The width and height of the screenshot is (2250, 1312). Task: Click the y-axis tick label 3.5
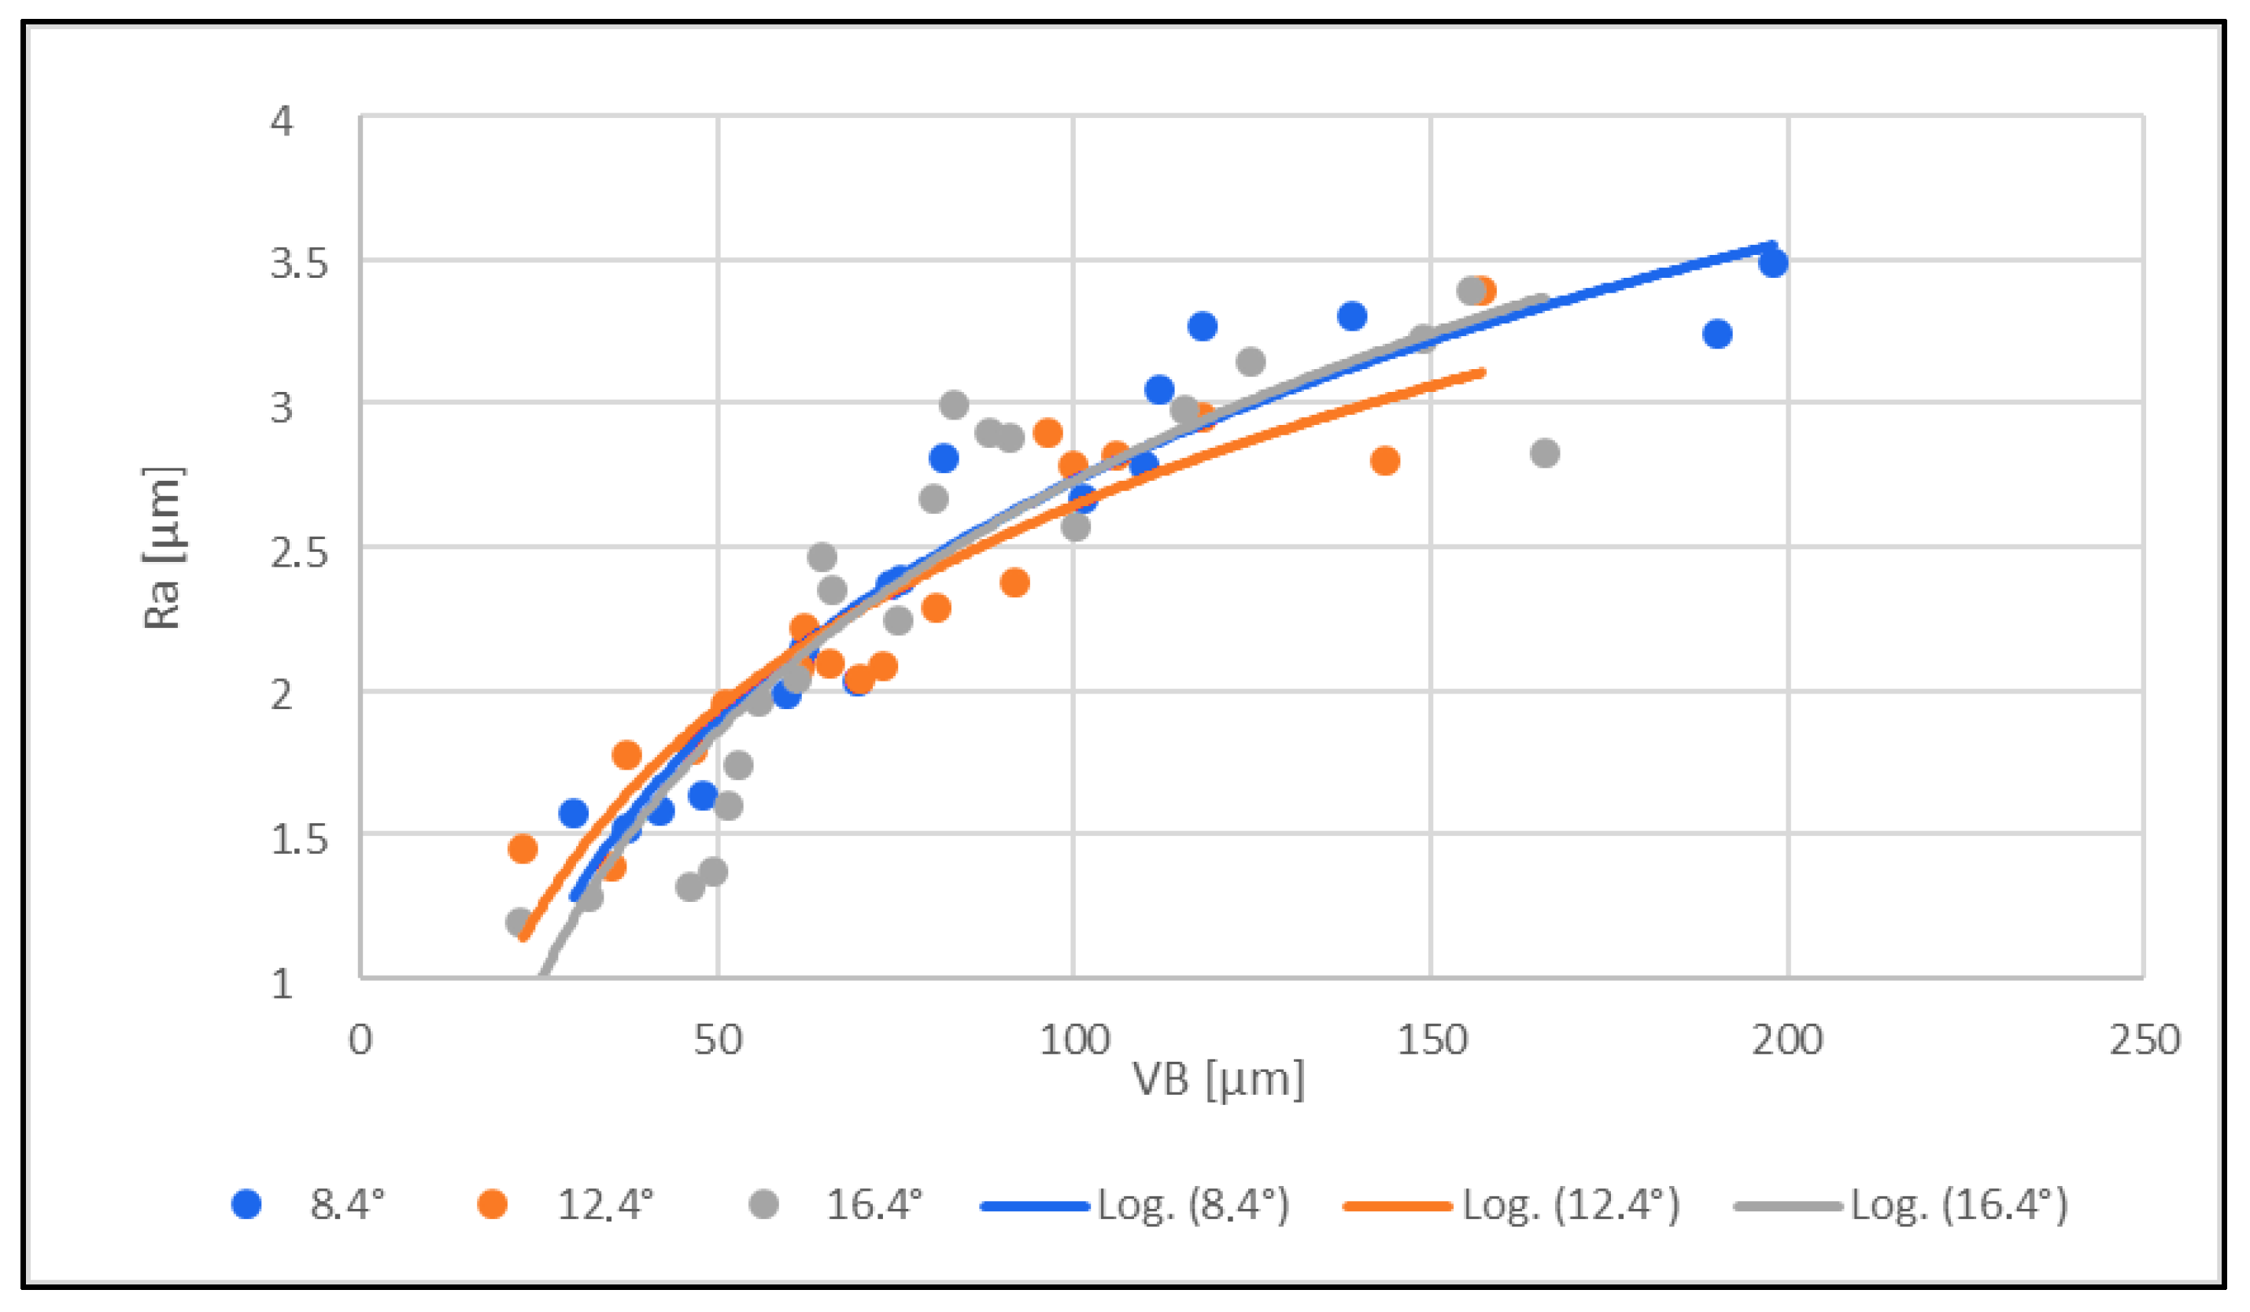[x=298, y=264]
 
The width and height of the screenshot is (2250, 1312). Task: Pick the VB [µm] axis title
[x=1217, y=1079]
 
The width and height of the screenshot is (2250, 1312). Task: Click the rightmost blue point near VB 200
[x=1773, y=263]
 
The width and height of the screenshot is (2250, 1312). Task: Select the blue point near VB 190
[x=1717, y=334]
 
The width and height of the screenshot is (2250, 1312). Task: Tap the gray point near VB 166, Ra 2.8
[x=1545, y=453]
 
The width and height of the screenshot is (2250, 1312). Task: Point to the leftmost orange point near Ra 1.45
[x=523, y=848]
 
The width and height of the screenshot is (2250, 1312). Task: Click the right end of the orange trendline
[x=1483, y=371]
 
